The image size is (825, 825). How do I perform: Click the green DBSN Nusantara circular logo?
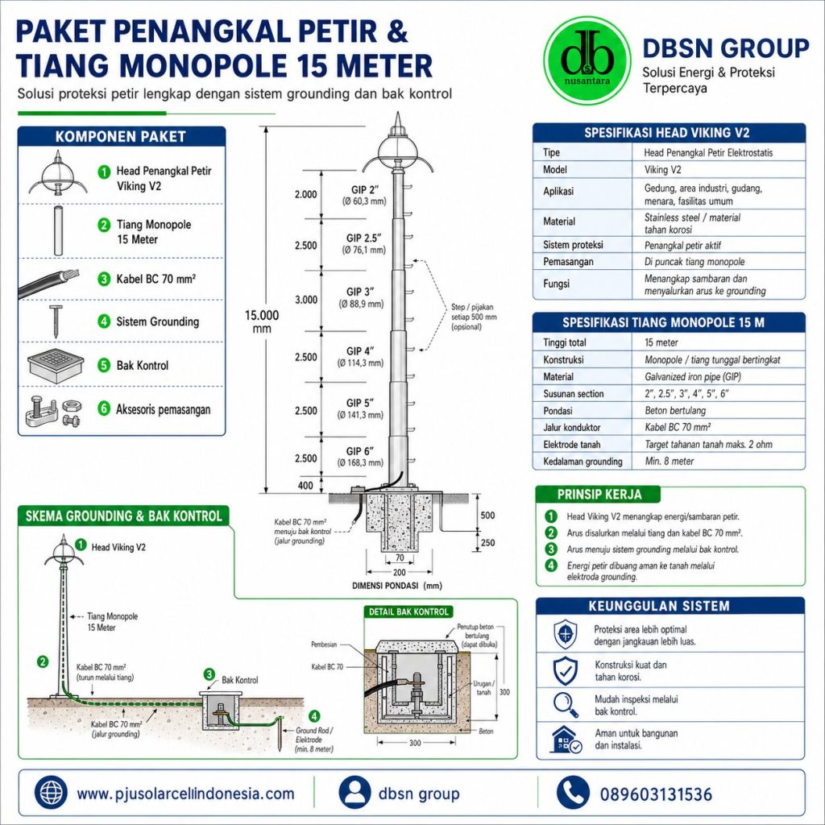click(587, 60)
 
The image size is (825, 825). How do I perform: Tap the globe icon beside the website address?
click(51, 793)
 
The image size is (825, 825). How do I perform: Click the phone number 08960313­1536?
click(656, 794)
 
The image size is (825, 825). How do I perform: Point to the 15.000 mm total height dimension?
click(262, 321)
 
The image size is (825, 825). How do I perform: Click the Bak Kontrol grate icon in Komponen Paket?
click(56, 363)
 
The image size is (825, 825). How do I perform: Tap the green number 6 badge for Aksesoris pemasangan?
click(104, 408)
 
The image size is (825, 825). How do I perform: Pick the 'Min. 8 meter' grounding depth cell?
click(670, 462)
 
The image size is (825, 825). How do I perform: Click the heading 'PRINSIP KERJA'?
click(599, 495)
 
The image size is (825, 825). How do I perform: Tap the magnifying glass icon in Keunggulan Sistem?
click(566, 704)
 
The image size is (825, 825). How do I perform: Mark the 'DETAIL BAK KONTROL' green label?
click(408, 612)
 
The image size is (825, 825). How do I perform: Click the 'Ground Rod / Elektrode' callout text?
click(313, 735)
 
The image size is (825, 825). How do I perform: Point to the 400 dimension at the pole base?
click(305, 486)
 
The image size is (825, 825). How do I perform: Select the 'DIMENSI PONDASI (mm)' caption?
click(397, 586)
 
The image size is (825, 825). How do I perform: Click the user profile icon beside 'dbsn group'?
click(354, 793)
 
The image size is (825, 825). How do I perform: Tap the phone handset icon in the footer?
click(573, 793)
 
